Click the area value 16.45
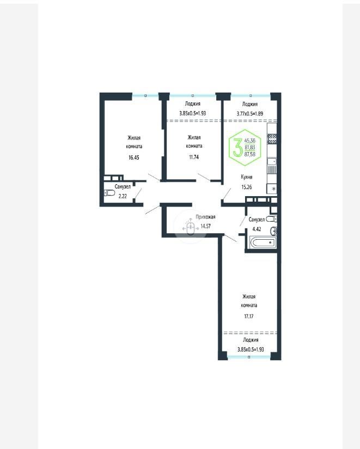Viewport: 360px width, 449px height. (x=134, y=157)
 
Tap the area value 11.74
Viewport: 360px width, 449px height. (x=194, y=157)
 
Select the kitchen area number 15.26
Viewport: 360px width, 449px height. (x=247, y=187)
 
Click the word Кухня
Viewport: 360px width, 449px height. (x=247, y=177)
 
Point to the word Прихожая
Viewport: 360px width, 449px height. (x=205, y=217)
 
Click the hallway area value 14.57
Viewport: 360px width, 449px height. (x=205, y=226)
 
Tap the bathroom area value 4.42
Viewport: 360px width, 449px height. (x=257, y=229)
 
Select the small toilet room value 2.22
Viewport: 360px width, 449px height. (x=123, y=196)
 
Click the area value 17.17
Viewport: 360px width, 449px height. (x=249, y=317)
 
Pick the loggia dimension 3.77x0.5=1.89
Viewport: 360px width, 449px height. (x=250, y=113)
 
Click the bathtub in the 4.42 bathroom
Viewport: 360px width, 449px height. (x=263, y=242)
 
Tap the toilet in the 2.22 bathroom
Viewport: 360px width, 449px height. (x=109, y=193)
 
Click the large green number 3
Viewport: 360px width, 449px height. (x=237, y=147)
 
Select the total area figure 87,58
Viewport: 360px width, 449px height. (x=250, y=154)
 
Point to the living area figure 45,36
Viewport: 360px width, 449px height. (x=250, y=141)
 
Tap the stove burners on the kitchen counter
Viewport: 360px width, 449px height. (x=272, y=139)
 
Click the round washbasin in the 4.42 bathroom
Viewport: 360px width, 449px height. (x=274, y=231)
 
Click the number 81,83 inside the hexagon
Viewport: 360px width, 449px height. (x=250, y=148)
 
